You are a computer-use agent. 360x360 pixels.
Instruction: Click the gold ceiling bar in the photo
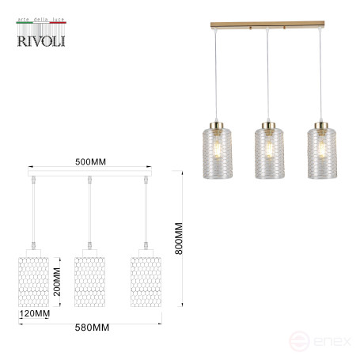pos(267,28)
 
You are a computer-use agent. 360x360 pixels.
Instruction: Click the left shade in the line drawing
pos(33,281)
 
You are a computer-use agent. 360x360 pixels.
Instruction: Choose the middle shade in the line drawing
pos(89,281)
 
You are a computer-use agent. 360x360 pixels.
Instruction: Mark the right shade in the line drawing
pos(145,281)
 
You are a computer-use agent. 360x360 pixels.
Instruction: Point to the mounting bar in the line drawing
pos(89,174)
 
